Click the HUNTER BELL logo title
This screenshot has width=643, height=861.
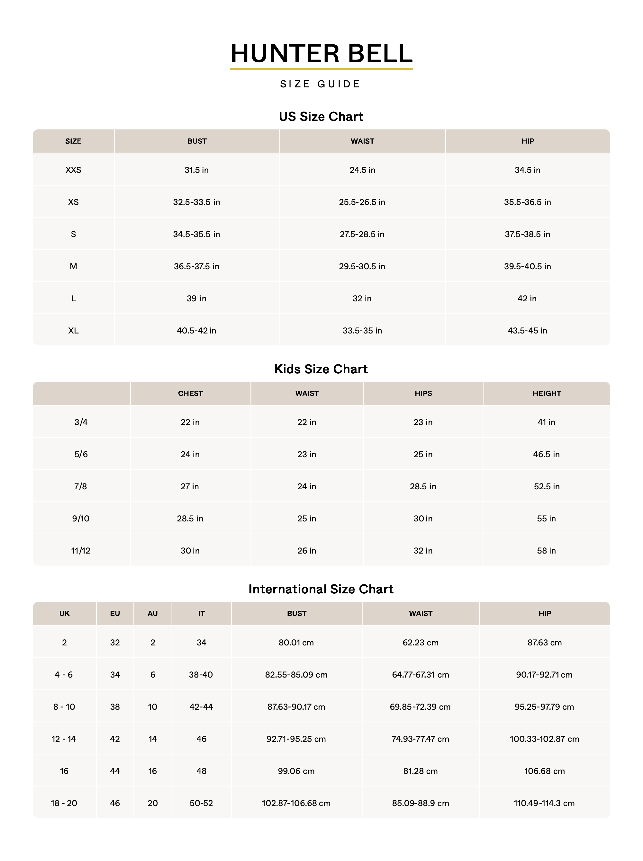pyautogui.click(x=321, y=53)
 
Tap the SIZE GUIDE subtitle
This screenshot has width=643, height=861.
pyautogui.click(x=320, y=84)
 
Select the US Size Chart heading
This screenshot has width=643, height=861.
pyautogui.click(x=321, y=117)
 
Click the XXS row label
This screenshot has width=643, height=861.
pyautogui.click(x=73, y=170)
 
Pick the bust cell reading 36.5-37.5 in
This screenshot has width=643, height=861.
pyautogui.click(x=196, y=266)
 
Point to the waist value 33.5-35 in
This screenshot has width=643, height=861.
pyautogui.click(x=362, y=331)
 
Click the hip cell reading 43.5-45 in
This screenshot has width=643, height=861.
pyautogui.click(x=527, y=331)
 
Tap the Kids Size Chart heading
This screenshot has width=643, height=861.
pyautogui.click(x=321, y=369)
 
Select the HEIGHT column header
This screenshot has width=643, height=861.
pyautogui.click(x=547, y=393)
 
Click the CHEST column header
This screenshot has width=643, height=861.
pyautogui.click(x=190, y=393)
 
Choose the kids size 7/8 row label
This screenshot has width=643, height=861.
pyautogui.click(x=81, y=486)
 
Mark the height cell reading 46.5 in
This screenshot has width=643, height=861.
pyautogui.click(x=546, y=454)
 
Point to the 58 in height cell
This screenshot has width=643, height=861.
pyautogui.click(x=546, y=551)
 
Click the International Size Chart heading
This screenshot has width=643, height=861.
pyautogui.click(x=321, y=589)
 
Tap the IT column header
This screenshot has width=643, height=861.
pyautogui.click(x=201, y=613)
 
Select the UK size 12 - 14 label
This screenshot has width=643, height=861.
pyautogui.click(x=64, y=739)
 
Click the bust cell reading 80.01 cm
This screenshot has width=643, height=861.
pyautogui.click(x=296, y=643)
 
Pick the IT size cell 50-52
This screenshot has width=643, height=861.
pyautogui.click(x=201, y=803)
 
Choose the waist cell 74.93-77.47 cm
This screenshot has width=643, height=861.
pyautogui.click(x=421, y=739)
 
